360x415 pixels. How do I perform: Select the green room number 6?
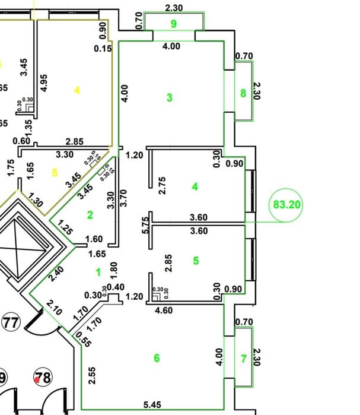tap(157, 358)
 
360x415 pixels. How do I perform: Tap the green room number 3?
tap(170, 97)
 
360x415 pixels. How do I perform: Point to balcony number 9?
tap(174, 24)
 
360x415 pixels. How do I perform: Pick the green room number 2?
tap(90, 215)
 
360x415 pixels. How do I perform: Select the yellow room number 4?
tap(77, 90)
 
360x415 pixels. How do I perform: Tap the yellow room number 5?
tap(55, 173)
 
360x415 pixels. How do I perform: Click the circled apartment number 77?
tap(10, 323)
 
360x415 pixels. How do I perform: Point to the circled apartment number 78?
tap(42, 377)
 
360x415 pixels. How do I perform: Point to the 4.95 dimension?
tap(43, 83)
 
